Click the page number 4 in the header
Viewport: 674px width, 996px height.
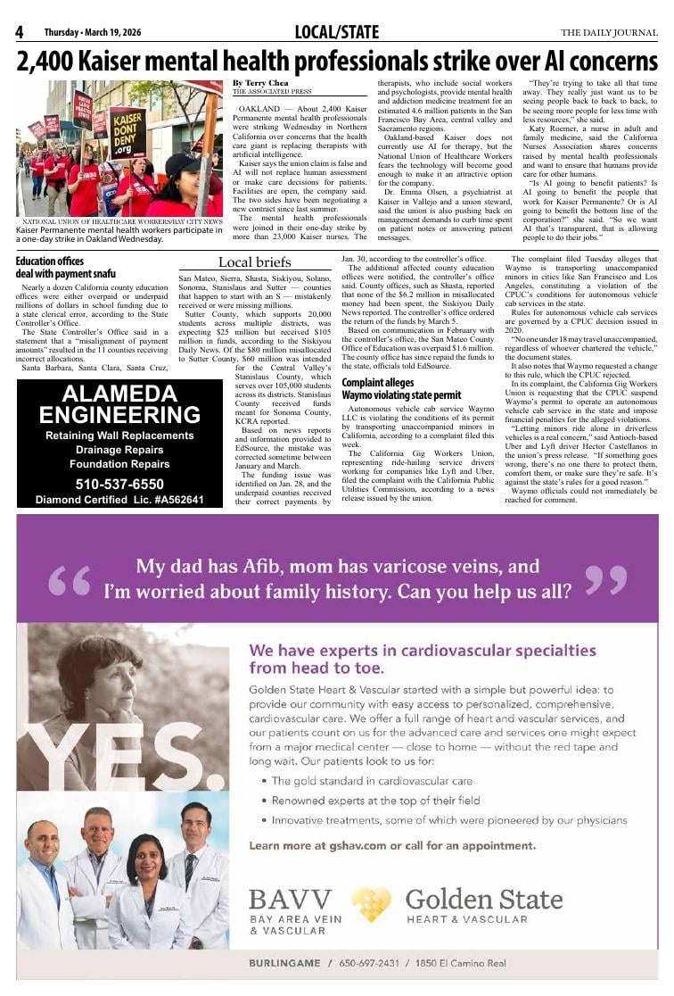19,33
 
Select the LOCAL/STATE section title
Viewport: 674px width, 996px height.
336,33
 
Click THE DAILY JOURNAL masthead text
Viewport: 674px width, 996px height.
609,33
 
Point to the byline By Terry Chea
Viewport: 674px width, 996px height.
262,82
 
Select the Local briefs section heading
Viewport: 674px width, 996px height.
254,261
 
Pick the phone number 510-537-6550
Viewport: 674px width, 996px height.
119,484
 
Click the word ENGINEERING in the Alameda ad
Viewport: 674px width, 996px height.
119,415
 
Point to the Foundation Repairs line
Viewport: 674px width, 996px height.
119,464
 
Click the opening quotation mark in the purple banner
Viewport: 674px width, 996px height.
70,581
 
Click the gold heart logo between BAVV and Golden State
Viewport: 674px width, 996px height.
371,904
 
